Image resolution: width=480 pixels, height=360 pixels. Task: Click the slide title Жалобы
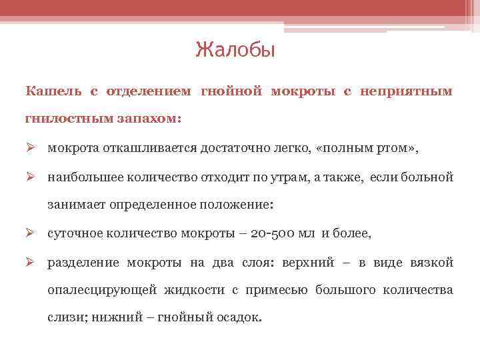tap(235, 50)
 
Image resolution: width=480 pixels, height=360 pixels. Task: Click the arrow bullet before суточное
tap(31, 233)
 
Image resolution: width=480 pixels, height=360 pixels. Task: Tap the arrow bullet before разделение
tap(31, 263)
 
